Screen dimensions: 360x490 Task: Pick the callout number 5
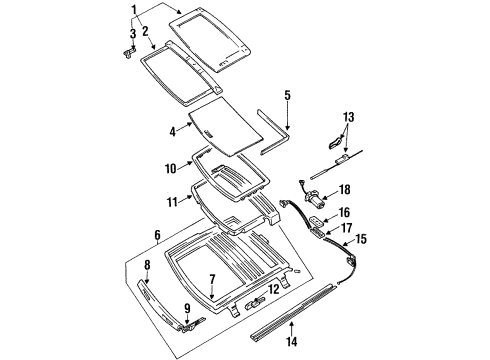(286, 96)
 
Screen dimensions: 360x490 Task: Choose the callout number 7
(210, 280)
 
